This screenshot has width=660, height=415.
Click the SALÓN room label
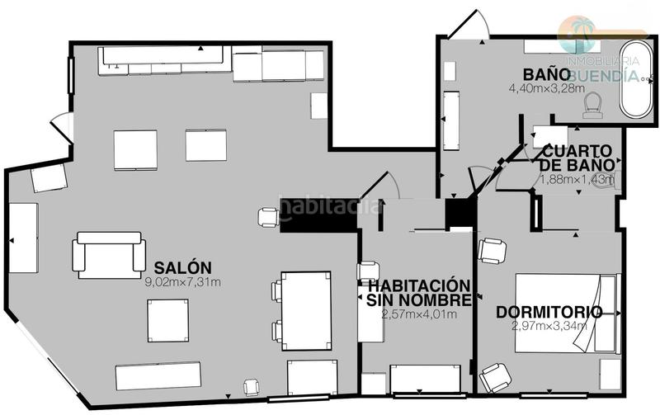point(182,267)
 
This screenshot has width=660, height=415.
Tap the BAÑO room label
point(546,73)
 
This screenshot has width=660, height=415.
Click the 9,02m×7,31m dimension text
point(182,282)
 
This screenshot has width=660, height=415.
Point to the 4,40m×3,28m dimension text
point(546,87)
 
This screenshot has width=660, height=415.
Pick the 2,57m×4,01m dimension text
point(419,314)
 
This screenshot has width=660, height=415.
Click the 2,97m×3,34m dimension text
point(549,325)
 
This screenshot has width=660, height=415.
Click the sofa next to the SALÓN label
point(109,254)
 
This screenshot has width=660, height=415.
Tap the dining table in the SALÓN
point(306,309)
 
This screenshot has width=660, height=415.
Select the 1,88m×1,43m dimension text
point(577,179)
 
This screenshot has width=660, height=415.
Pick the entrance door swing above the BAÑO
point(467,26)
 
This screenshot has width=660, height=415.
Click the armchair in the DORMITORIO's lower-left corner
point(496,377)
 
